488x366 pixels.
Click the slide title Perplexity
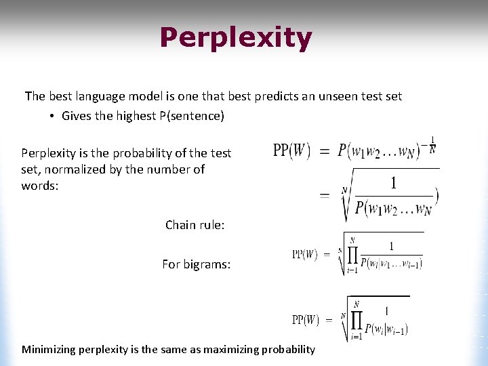point(236,39)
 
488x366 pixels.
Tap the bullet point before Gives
point(52,116)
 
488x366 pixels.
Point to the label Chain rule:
point(195,224)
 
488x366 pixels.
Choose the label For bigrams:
point(196,264)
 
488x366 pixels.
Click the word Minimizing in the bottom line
point(49,350)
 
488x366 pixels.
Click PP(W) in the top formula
point(291,150)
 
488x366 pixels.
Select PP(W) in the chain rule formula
point(305,255)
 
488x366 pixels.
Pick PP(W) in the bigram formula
point(306,319)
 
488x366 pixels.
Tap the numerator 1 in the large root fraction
point(393,182)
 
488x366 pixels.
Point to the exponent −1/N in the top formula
point(431,145)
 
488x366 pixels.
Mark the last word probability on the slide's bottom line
point(288,350)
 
